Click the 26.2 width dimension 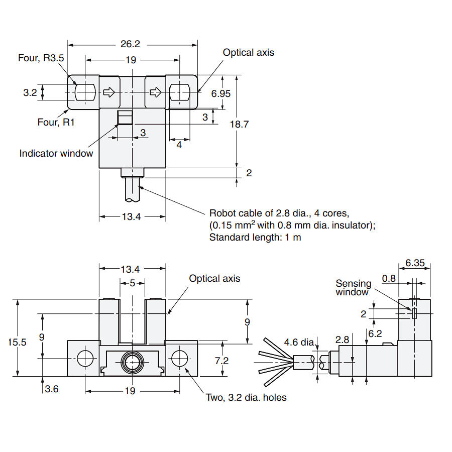[130, 44]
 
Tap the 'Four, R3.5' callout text [41, 58]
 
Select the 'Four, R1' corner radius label [56, 122]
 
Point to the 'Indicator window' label [56, 153]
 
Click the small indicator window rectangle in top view [125, 118]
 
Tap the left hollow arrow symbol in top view [109, 92]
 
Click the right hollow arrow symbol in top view [156, 92]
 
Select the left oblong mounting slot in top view [85, 92]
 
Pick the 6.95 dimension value [221, 93]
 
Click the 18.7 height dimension [239, 124]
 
